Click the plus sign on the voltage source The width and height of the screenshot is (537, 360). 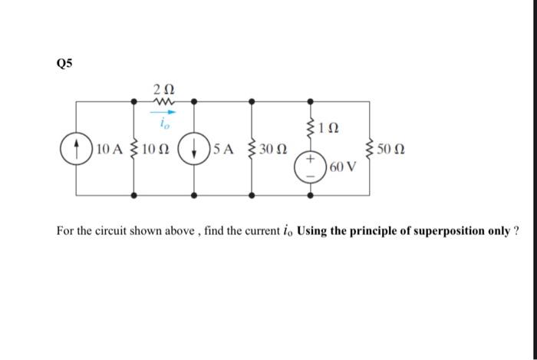(311, 161)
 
